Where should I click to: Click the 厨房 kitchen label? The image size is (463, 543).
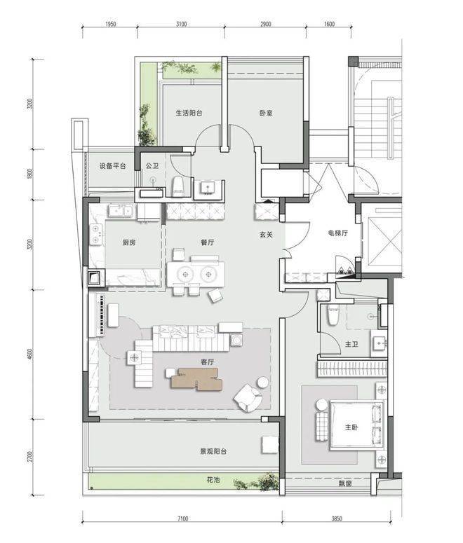(128, 242)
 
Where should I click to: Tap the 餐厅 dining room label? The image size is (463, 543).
(208, 242)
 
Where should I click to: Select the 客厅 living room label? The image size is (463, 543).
(208, 362)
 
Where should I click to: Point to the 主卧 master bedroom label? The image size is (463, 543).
(351, 427)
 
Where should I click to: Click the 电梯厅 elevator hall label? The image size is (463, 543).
(338, 233)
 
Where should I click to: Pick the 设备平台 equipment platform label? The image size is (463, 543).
(112, 166)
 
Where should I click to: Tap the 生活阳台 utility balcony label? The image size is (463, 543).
(189, 113)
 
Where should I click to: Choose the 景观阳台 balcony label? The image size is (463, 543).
(213, 451)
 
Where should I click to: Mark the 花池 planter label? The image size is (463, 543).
(213, 480)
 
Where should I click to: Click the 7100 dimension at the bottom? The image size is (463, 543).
(182, 518)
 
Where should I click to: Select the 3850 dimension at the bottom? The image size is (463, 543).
(337, 518)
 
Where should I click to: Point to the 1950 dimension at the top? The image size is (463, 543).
(110, 24)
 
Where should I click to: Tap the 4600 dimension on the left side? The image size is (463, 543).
(31, 354)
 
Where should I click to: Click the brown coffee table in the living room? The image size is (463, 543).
(196, 379)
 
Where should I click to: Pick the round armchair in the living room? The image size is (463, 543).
(247, 397)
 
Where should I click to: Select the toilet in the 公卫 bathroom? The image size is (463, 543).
(178, 186)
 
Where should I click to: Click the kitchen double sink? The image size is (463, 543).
(121, 211)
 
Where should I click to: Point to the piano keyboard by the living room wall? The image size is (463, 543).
(102, 315)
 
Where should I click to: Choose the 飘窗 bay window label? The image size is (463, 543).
(345, 483)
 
